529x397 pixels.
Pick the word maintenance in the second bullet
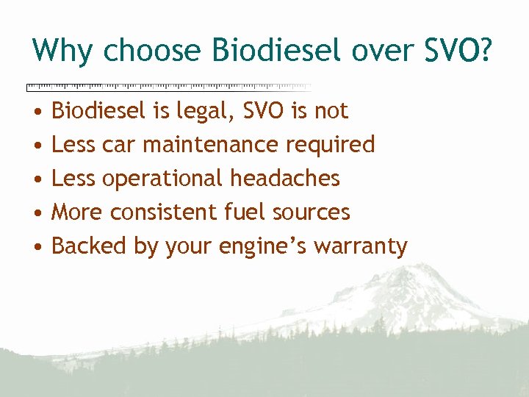(x=208, y=144)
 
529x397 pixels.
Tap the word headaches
(x=285, y=178)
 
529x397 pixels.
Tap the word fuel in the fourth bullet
(x=243, y=212)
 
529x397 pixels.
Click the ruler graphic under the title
(x=168, y=87)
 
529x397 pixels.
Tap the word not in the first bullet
(x=331, y=111)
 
